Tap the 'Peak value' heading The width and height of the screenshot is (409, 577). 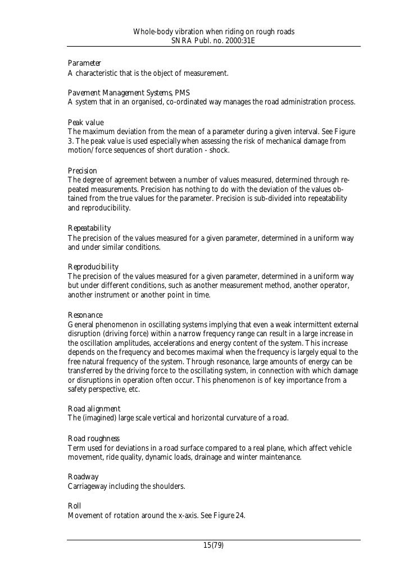(x=86, y=122)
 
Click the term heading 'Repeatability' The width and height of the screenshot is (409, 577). (x=89, y=228)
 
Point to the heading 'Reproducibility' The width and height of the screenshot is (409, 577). (x=93, y=267)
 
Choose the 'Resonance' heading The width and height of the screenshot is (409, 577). (x=85, y=315)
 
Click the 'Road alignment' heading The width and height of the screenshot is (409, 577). (x=94, y=409)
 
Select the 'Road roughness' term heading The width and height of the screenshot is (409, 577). (x=93, y=438)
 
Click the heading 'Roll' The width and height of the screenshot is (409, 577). (x=74, y=506)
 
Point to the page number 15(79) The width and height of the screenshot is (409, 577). (x=213, y=545)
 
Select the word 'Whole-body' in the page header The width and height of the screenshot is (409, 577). (x=154, y=32)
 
